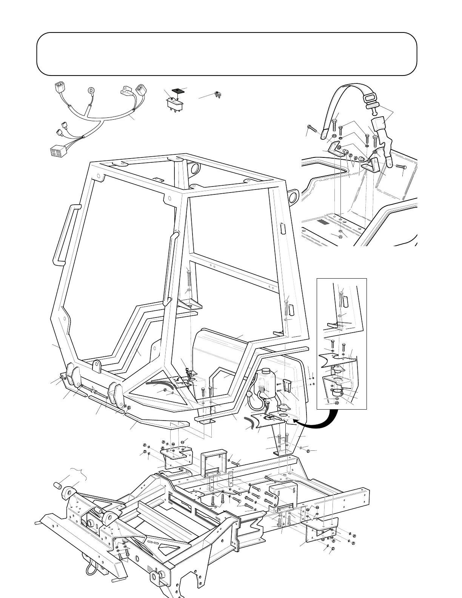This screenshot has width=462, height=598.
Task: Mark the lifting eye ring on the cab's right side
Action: tap(293, 196)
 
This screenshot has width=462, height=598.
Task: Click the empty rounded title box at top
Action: tap(226, 54)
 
